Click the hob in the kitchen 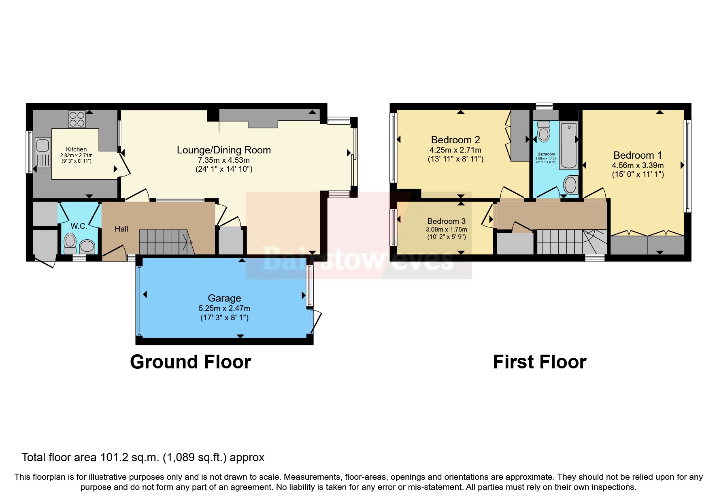[77, 119]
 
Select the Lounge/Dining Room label [223, 150]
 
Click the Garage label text [224, 298]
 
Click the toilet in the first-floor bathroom [544, 131]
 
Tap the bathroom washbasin [570, 185]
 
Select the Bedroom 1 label [637, 155]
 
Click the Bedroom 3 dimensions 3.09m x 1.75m [446, 230]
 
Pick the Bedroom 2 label [455, 140]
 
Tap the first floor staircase [571, 242]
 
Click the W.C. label [79, 226]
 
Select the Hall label [121, 229]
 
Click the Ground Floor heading [190, 362]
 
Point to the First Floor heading [539, 362]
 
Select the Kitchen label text [76, 149]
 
